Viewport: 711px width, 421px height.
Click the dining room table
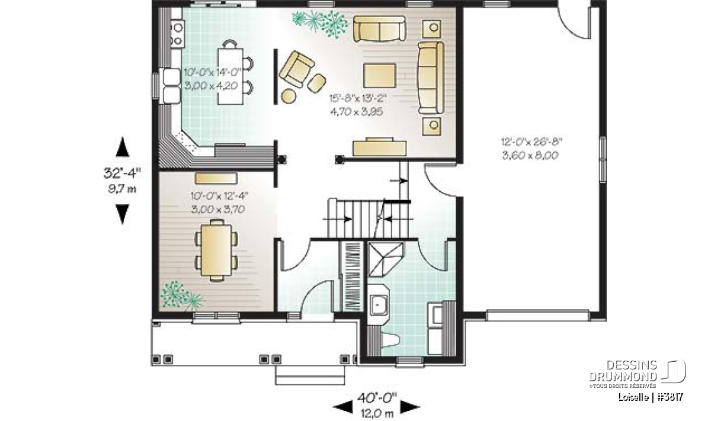tap(217, 250)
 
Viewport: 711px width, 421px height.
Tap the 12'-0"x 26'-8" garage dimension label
tap(531, 142)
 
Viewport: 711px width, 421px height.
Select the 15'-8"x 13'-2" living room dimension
tap(358, 99)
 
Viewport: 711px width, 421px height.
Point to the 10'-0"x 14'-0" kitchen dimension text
tap(213, 72)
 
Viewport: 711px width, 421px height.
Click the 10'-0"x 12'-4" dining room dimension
tap(219, 196)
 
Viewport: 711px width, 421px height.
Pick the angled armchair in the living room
tap(297, 69)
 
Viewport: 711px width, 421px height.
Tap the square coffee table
tap(380, 76)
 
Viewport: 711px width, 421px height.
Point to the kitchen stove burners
tap(177, 34)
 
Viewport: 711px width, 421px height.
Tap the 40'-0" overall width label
tap(377, 398)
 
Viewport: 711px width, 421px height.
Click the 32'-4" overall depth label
tap(122, 173)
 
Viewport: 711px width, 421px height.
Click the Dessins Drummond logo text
tap(623, 371)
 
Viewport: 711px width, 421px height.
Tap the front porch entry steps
tap(310, 375)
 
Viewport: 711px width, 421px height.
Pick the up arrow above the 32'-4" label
tap(123, 147)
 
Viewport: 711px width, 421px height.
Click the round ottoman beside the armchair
tap(289, 96)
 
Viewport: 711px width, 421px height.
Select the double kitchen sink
tap(172, 86)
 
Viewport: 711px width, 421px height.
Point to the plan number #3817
tap(671, 397)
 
